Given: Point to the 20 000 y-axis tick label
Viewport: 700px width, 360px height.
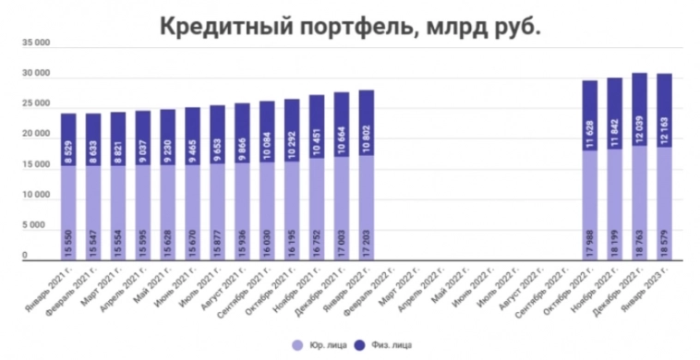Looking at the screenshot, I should tap(35, 136).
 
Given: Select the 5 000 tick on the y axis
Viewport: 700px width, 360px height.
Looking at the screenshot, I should tap(38, 226).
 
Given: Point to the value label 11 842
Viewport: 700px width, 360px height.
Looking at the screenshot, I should tap(614, 131).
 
